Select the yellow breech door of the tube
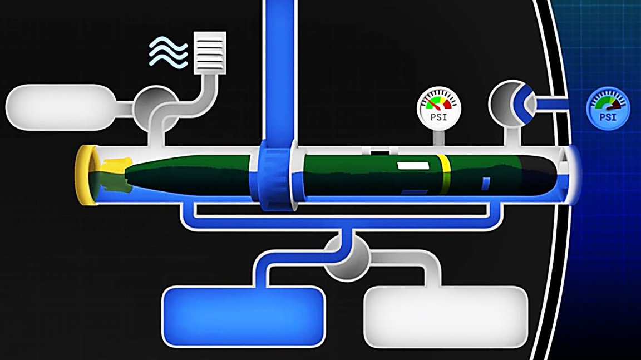pyautogui.click(x=86, y=175)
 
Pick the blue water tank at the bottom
pyautogui.click(x=243, y=316)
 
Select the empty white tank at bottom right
pyautogui.click(x=445, y=315)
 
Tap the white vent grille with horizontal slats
pyautogui.click(x=210, y=52)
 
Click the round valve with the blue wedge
pyautogui.click(x=511, y=102)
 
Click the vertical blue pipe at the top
pyautogui.click(x=279, y=67)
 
